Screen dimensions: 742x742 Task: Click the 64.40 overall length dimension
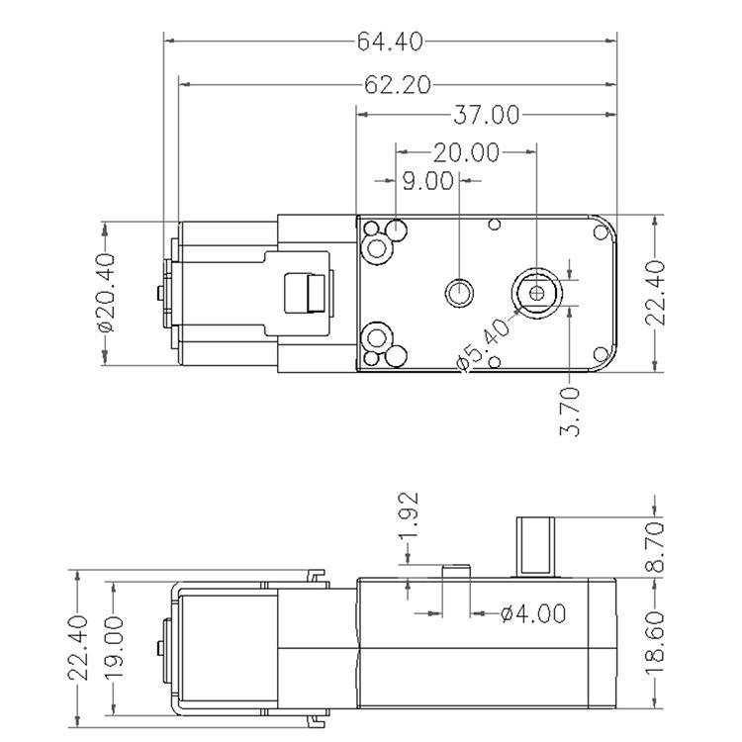[x=389, y=42]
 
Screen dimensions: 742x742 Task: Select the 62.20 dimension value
[x=398, y=85]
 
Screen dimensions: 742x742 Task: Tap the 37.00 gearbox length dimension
[x=487, y=115]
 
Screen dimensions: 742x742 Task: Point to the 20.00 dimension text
[x=467, y=152]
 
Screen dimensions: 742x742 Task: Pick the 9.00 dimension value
[x=427, y=181]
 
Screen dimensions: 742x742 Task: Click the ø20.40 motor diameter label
[x=106, y=293]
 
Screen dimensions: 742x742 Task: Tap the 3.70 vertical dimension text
[x=569, y=411]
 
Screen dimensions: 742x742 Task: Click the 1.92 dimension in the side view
[x=409, y=515]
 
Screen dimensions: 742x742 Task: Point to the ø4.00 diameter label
[x=533, y=613]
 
